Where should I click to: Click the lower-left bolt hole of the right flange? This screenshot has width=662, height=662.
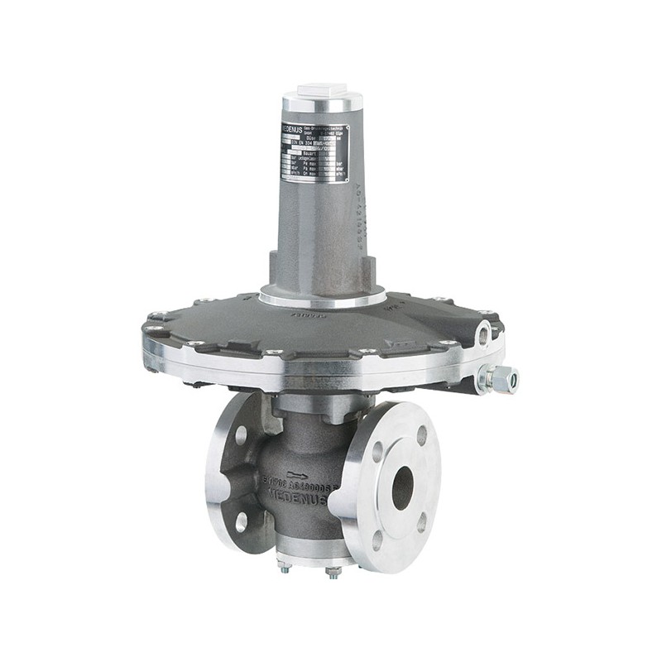[x=377, y=540]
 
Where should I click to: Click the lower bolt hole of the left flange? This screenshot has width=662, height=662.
[x=241, y=521]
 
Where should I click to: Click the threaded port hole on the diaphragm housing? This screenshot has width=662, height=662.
[x=483, y=335]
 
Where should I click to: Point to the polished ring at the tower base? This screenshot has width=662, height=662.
[x=321, y=297]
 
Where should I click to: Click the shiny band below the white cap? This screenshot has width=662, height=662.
[x=322, y=104]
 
